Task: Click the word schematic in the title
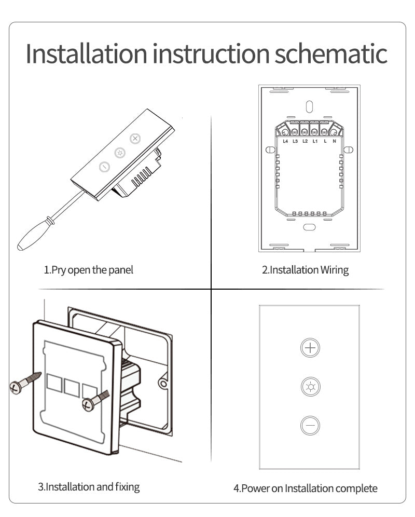(x=331, y=53)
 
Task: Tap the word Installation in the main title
(x=86, y=53)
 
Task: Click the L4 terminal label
(x=285, y=141)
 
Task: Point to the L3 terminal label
(x=295, y=141)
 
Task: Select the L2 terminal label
(x=305, y=141)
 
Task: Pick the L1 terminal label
(x=315, y=141)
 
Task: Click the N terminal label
(x=334, y=141)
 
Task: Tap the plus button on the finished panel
(x=310, y=348)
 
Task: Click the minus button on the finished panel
(x=310, y=425)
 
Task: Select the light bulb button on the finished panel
(x=310, y=386)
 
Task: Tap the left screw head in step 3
(x=16, y=388)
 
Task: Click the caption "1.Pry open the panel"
(x=88, y=270)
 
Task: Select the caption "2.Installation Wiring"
(x=305, y=270)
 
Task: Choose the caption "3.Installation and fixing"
(x=89, y=487)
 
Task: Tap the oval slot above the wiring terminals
(x=310, y=106)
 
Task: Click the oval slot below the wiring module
(x=309, y=227)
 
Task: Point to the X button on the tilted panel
(x=135, y=139)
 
